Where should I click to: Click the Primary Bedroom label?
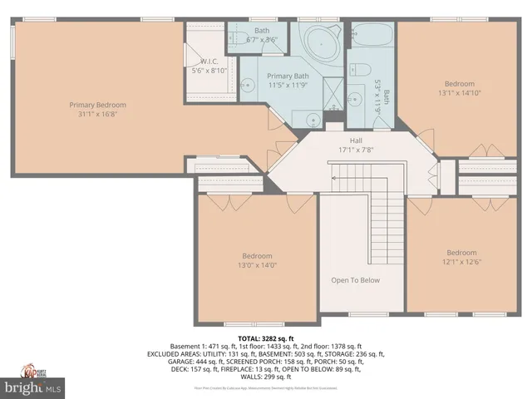(x=97, y=105)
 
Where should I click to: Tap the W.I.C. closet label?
(x=208, y=62)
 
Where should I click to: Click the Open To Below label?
(x=355, y=280)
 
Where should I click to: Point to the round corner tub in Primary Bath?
(x=319, y=40)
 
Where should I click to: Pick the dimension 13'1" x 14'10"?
(x=459, y=93)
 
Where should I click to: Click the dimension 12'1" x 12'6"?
(x=461, y=263)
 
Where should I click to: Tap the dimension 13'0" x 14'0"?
(x=259, y=265)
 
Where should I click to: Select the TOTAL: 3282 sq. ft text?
(x=265, y=339)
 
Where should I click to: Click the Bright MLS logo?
(x=32, y=387)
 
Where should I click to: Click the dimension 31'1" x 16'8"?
(x=97, y=115)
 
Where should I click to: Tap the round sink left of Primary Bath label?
(x=247, y=84)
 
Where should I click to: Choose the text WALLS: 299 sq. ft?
(x=266, y=375)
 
